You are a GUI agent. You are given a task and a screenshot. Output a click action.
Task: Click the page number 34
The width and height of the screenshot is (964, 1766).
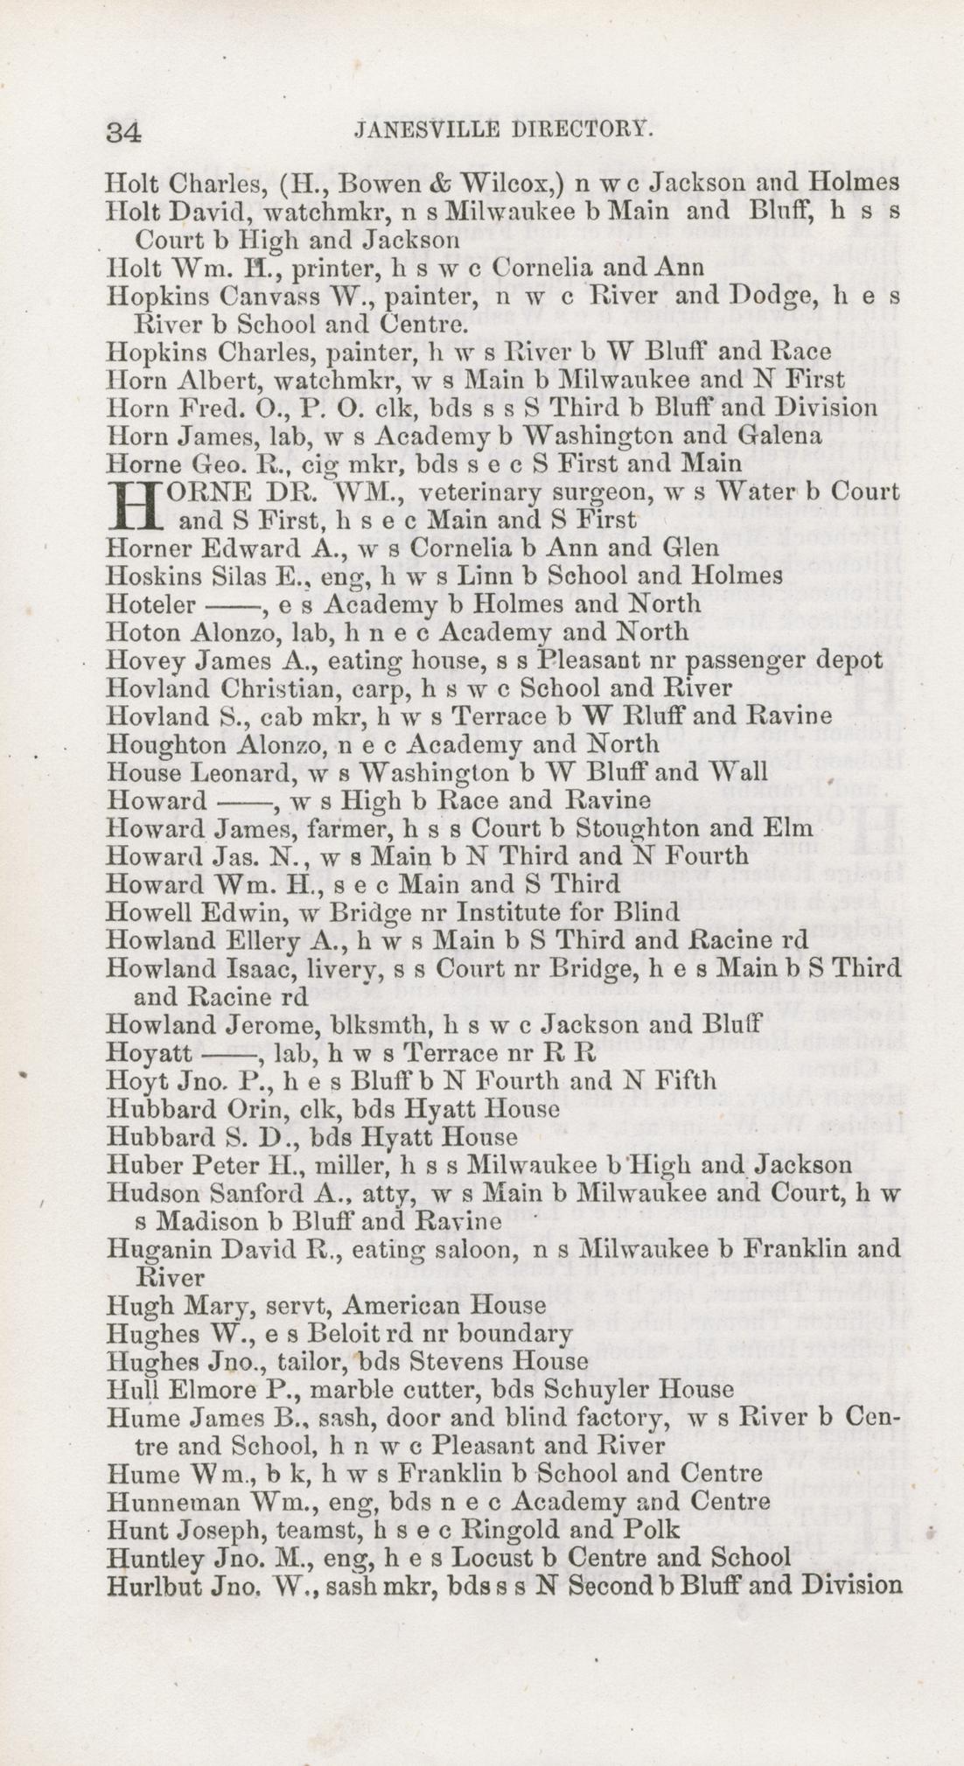tap(124, 131)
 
